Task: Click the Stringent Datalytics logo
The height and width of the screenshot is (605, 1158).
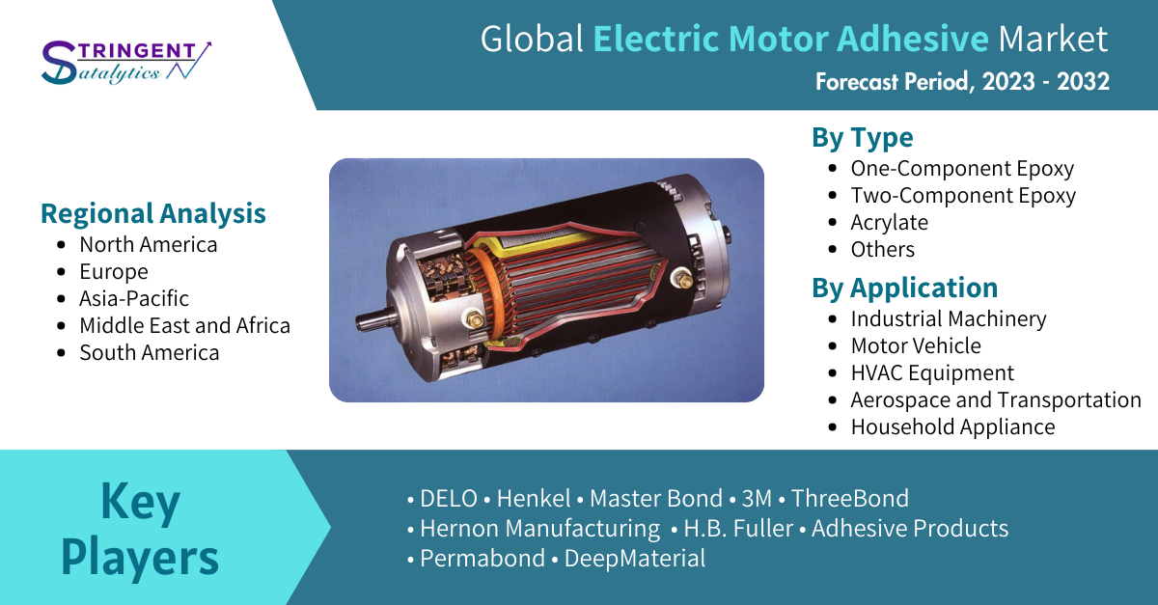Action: (126, 62)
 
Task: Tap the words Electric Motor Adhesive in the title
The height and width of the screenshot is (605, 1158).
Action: (790, 39)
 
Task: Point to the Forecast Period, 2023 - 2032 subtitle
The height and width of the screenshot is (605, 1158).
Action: (962, 82)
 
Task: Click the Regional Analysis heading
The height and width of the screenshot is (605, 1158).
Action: (153, 213)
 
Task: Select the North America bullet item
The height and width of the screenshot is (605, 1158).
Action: (149, 244)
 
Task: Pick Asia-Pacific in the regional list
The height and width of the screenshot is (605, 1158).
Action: (134, 298)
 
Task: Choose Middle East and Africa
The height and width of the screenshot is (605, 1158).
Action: (184, 325)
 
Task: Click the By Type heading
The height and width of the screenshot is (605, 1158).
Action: (863, 138)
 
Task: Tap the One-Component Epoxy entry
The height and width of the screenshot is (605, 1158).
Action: (962, 169)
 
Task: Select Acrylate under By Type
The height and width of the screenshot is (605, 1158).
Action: (889, 223)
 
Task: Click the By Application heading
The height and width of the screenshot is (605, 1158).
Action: (905, 288)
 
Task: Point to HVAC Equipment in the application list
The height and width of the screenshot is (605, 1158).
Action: (932, 372)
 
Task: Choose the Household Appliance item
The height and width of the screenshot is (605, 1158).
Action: (952, 427)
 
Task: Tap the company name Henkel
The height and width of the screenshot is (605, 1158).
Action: (534, 499)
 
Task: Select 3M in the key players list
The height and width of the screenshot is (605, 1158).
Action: (757, 499)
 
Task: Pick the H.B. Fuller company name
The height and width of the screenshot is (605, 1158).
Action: (738, 529)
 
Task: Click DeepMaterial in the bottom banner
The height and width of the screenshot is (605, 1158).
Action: (634, 559)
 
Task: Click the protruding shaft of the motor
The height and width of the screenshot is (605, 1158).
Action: (373, 318)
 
